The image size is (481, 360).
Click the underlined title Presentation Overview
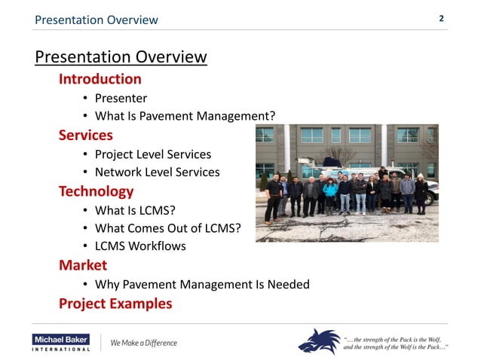click(x=121, y=57)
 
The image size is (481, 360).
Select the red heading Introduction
click(x=100, y=79)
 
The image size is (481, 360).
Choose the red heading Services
click(x=86, y=136)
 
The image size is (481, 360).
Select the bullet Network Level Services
click(x=157, y=172)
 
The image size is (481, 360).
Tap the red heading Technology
click(x=96, y=191)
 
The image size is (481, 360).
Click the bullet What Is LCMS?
click(x=135, y=210)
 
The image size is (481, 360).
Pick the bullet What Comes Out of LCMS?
click(x=167, y=228)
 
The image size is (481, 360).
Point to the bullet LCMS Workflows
click(x=139, y=246)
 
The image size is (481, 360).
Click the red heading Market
click(x=83, y=265)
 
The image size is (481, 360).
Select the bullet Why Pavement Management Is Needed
click(x=201, y=285)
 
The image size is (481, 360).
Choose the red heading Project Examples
click(x=115, y=304)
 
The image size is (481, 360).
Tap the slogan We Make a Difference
click(x=143, y=343)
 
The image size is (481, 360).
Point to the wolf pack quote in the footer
click(x=396, y=342)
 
